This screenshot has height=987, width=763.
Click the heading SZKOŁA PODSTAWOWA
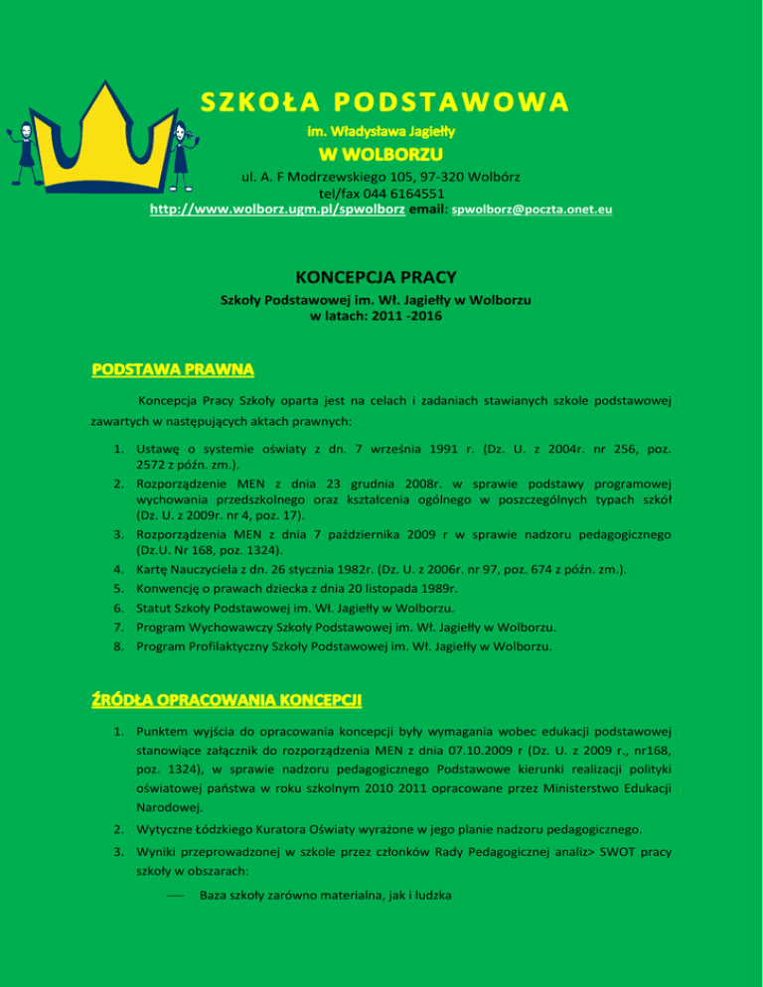pos(384,102)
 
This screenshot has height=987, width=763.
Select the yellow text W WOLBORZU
pos(381,154)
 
